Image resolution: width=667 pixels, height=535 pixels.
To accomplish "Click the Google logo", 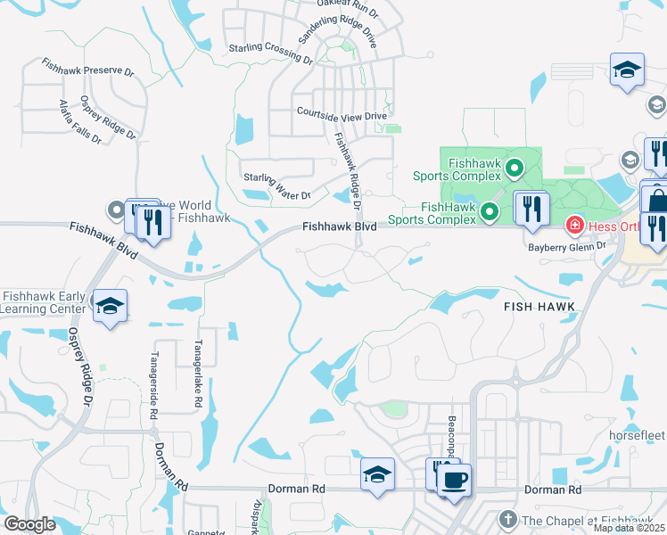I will tap(29, 524).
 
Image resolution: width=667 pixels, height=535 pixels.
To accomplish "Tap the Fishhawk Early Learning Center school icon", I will tap(110, 307).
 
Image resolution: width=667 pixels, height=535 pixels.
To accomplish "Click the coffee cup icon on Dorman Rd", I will tap(454, 480).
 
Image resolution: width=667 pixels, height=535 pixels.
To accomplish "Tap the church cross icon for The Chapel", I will tap(508, 519).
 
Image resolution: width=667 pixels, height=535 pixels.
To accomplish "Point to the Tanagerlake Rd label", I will tap(197, 374).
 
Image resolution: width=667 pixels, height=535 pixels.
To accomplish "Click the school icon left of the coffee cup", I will tap(377, 475).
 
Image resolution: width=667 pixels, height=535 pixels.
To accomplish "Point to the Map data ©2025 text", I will tap(629, 528).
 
